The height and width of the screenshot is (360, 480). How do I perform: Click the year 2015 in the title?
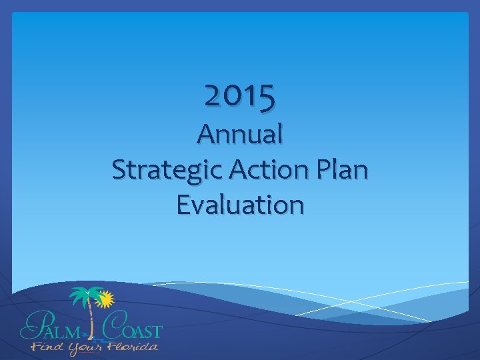pyautogui.click(x=240, y=97)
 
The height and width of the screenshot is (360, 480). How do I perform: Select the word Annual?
pyautogui.click(x=240, y=135)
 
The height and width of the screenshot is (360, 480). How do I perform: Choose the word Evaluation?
pyautogui.click(x=240, y=205)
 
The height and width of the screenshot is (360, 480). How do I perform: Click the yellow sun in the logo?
pyautogui.click(x=104, y=300)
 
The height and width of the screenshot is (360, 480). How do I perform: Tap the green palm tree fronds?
pyautogui.click(x=85, y=295)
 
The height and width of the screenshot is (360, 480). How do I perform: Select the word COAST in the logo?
pyautogui.click(x=133, y=330)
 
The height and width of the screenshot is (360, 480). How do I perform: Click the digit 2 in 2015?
pyautogui.click(x=213, y=97)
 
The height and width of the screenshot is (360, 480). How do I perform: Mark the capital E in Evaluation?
pyautogui.click(x=183, y=205)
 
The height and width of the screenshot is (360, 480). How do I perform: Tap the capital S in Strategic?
pyautogui.click(x=119, y=170)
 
